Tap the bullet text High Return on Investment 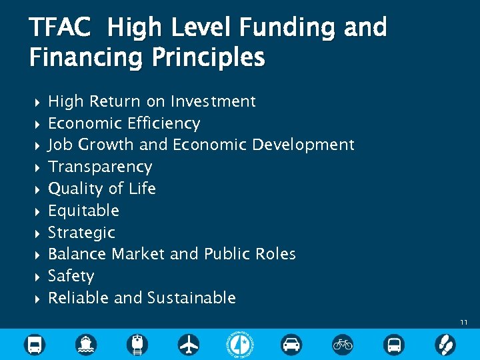152,101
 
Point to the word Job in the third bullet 61,145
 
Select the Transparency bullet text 100,167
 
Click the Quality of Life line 102,189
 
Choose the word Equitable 83,211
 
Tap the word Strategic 81,233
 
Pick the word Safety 71,276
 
